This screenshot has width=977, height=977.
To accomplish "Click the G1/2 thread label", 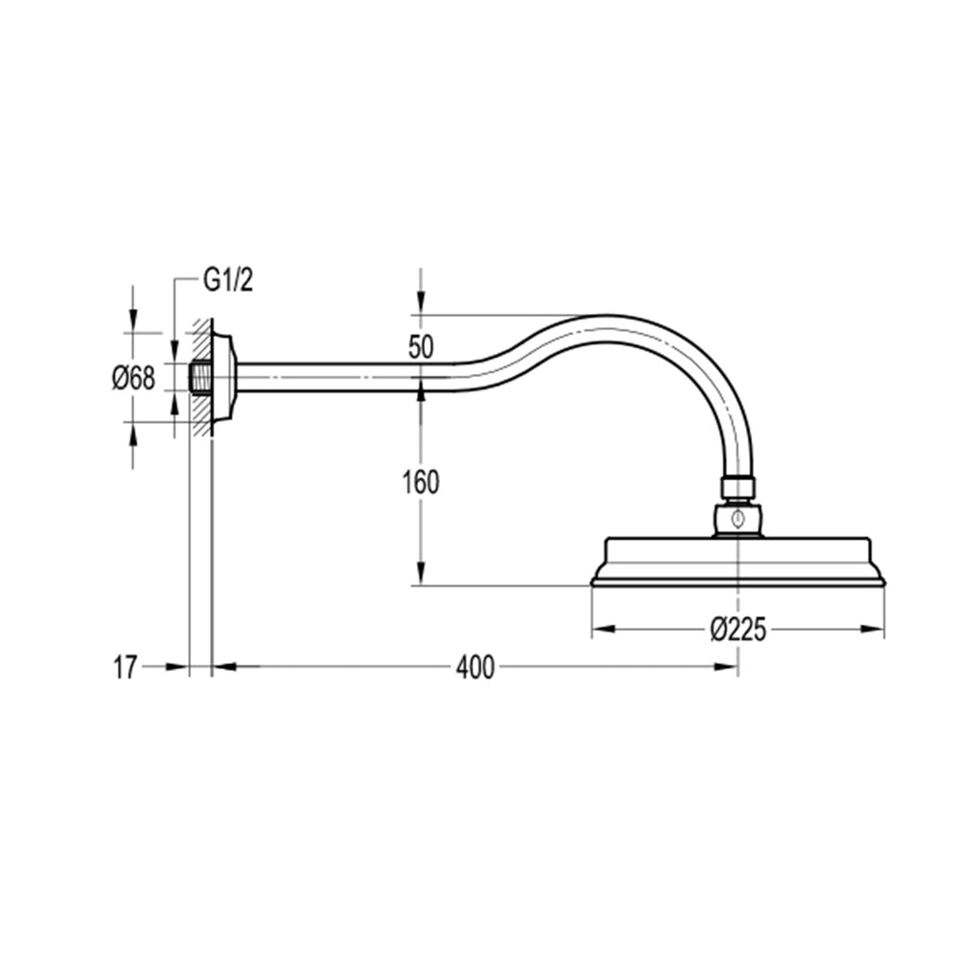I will [228, 281].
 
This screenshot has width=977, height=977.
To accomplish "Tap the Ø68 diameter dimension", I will [133, 378].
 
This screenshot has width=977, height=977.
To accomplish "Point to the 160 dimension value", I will [420, 483].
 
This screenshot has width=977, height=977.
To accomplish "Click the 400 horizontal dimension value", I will [474, 668].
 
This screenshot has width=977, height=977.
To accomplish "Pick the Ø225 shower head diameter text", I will [738, 630].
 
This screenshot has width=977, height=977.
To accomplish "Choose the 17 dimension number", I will [125, 668].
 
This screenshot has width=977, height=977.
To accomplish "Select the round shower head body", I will [738, 563].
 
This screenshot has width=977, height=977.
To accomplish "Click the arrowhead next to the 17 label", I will [177, 668].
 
